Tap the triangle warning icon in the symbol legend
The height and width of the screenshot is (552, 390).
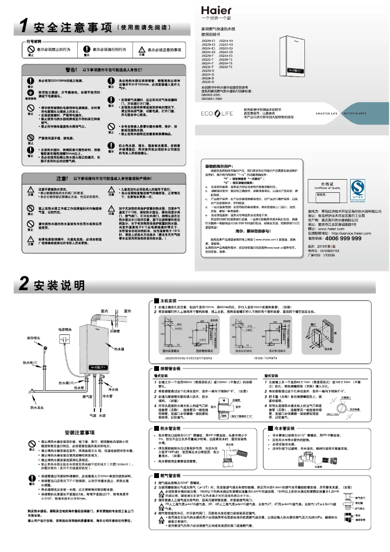point(141,50)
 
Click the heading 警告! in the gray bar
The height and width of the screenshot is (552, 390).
point(74,70)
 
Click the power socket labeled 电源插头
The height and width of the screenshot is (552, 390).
point(64,337)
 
